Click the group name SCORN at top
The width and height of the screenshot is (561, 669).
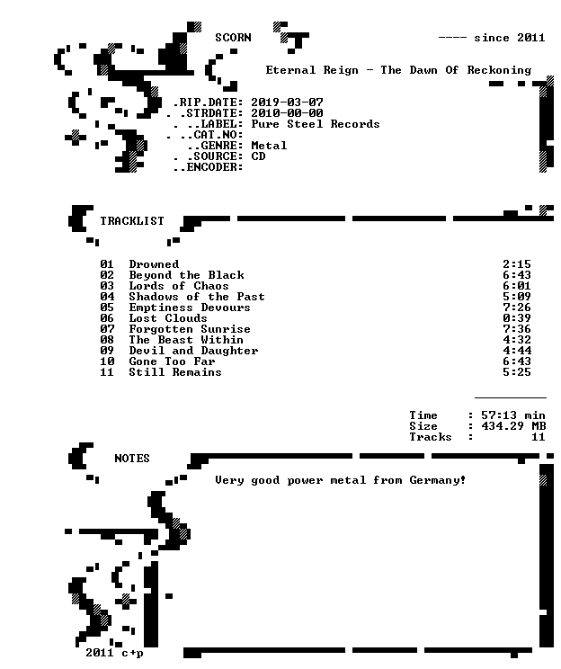click(x=233, y=38)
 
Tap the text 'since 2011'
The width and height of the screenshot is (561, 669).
click(x=510, y=38)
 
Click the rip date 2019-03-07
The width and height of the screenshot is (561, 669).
click(x=287, y=103)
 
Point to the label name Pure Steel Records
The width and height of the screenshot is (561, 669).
click(x=316, y=124)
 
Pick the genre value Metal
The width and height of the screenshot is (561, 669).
click(x=269, y=146)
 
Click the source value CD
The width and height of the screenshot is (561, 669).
click(x=258, y=156)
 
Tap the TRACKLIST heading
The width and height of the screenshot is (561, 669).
click(x=132, y=220)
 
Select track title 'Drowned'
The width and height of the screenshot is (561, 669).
click(x=154, y=264)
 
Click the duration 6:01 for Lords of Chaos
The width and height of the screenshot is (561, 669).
click(x=517, y=286)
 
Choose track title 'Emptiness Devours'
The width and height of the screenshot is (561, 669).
click(x=190, y=308)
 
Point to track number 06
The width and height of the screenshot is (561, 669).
click(x=107, y=318)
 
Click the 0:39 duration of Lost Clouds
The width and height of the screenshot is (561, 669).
click(x=517, y=318)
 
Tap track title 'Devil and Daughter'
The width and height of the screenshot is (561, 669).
click(x=193, y=351)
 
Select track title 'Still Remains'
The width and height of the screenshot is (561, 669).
click(x=175, y=372)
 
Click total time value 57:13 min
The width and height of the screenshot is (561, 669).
click(x=513, y=415)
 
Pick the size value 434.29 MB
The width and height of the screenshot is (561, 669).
click(x=513, y=426)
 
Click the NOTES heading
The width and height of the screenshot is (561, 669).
click(x=132, y=459)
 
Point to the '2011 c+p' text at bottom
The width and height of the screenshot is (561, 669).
click(x=114, y=653)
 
